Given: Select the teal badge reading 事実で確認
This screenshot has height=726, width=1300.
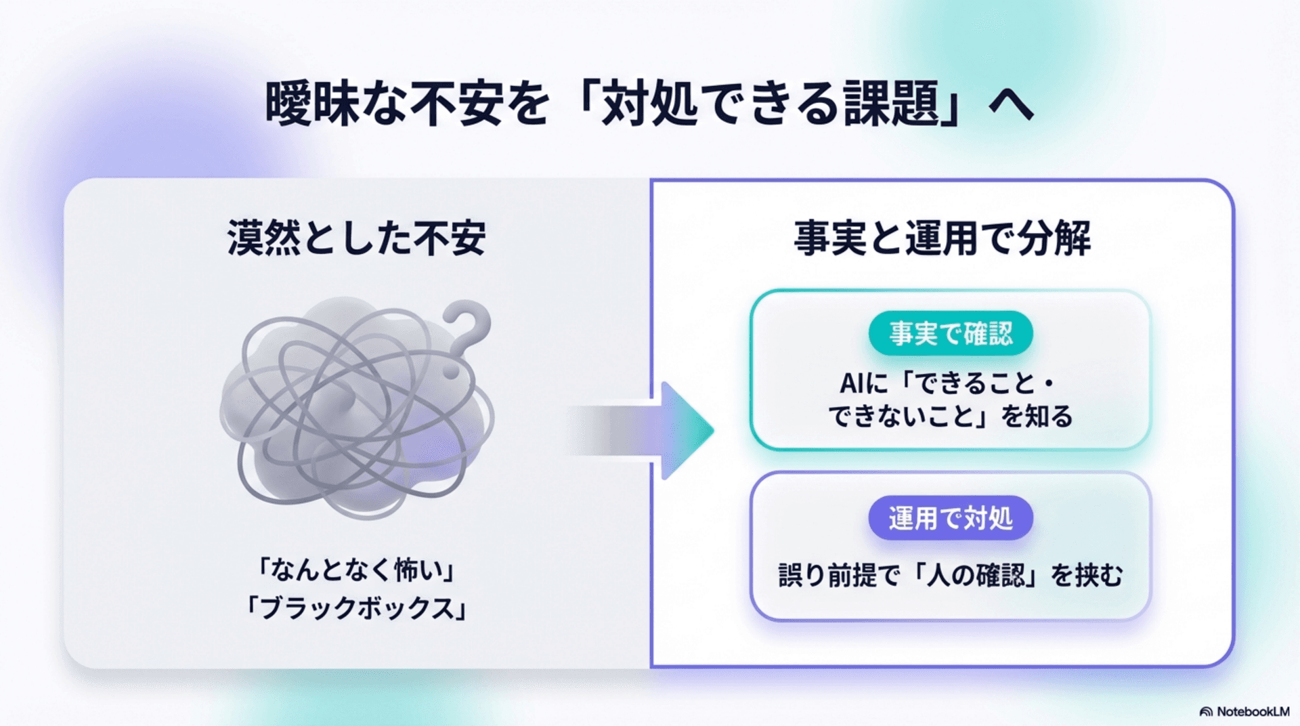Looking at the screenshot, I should [x=950, y=333].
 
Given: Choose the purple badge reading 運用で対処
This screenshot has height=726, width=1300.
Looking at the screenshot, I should [x=950, y=519].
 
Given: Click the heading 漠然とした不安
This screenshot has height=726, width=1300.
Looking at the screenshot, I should [x=356, y=238].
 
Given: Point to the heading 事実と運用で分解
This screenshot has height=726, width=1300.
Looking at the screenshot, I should [x=942, y=238].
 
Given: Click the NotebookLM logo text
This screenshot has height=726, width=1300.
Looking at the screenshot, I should [x=1253, y=712].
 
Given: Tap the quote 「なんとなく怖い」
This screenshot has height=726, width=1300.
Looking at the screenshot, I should [x=356, y=570].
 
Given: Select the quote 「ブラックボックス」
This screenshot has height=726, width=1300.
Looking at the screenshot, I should [x=356, y=607].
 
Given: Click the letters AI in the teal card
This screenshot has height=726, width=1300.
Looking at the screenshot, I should [x=851, y=384].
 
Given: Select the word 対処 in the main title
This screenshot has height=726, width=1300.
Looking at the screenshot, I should [x=649, y=104].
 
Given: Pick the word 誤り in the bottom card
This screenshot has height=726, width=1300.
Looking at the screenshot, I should [x=802, y=576].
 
